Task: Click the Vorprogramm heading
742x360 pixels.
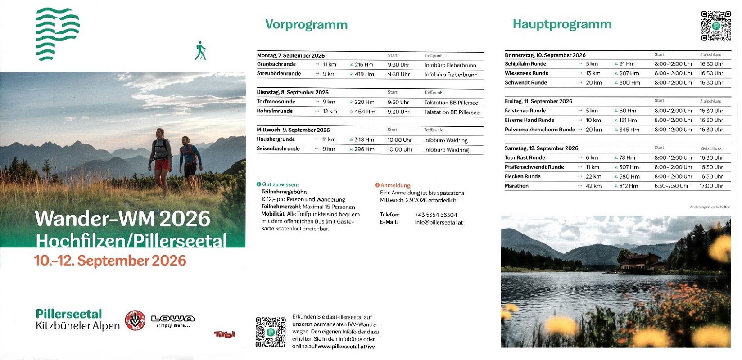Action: [x=306, y=24]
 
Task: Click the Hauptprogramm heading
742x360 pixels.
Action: [x=562, y=24]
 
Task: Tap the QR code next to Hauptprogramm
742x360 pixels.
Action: [x=716, y=26]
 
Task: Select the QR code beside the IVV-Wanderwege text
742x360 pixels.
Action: [x=271, y=332]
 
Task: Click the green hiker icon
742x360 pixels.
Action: [x=200, y=51]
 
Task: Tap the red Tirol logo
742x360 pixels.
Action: [x=224, y=334]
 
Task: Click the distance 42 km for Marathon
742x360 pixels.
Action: [x=593, y=186]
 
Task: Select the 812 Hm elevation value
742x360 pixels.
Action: [x=628, y=186]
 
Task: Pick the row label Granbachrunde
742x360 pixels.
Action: [x=276, y=64]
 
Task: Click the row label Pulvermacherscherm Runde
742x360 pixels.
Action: [x=539, y=130]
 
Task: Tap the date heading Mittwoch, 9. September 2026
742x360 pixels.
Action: [x=293, y=130]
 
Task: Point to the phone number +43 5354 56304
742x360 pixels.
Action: [x=436, y=215]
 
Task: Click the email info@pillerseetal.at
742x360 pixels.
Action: [x=439, y=222]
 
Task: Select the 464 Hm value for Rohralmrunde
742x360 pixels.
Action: [x=365, y=112]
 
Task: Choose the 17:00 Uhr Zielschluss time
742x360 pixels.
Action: [x=711, y=186]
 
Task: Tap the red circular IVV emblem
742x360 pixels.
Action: [x=135, y=320]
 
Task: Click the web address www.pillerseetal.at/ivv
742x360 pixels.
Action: [x=346, y=346]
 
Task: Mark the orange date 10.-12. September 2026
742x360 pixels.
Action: [x=110, y=261]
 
